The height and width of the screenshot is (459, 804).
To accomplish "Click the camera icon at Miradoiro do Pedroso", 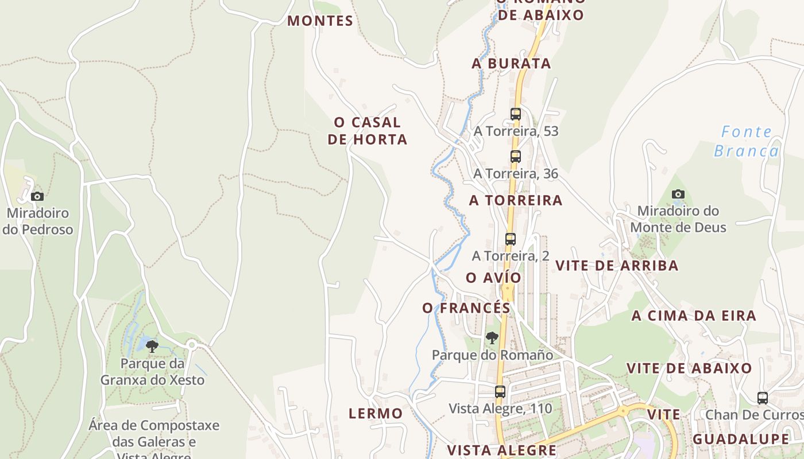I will click(x=37, y=196).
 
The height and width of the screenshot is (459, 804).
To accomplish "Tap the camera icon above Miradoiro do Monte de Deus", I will click(x=678, y=194).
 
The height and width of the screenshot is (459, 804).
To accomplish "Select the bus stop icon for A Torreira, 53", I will click(x=516, y=114).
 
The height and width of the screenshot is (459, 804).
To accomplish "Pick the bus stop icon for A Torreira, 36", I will click(x=516, y=156).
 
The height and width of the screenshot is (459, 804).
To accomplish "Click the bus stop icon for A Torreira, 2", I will click(x=511, y=239).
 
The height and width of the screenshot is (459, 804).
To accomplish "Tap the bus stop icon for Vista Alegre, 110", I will click(x=500, y=391).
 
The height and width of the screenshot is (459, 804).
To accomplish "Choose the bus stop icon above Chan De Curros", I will click(x=762, y=398).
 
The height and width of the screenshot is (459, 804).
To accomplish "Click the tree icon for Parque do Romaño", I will click(x=492, y=338).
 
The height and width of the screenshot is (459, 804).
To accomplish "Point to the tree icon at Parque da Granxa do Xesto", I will click(x=152, y=346).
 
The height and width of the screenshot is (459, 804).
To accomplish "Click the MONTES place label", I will click(x=320, y=21).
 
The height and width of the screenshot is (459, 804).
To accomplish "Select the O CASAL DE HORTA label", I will click(x=368, y=131).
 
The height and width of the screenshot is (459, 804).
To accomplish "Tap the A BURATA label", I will click(x=511, y=64).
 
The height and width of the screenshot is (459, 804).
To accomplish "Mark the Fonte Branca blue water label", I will click(x=747, y=142).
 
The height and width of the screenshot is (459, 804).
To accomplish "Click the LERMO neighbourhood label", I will click(x=376, y=414).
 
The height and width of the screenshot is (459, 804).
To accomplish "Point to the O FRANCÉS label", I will click(x=466, y=308).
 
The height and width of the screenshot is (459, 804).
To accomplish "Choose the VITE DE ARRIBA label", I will click(x=617, y=266).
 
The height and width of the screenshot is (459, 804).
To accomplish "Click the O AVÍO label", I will click(x=493, y=278).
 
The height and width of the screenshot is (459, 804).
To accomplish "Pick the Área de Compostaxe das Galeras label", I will click(x=154, y=434).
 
